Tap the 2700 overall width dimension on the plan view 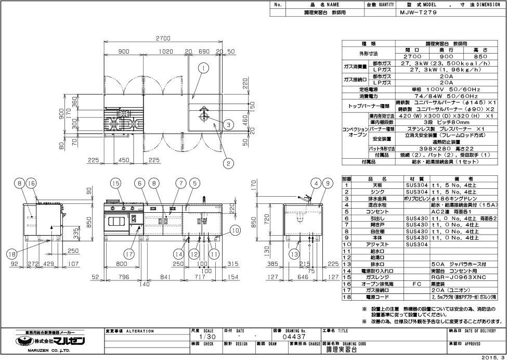click(164, 38)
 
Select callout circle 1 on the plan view click(203, 68)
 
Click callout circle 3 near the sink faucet click(228, 124)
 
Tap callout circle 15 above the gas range click(115, 183)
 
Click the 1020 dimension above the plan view click(165, 52)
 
